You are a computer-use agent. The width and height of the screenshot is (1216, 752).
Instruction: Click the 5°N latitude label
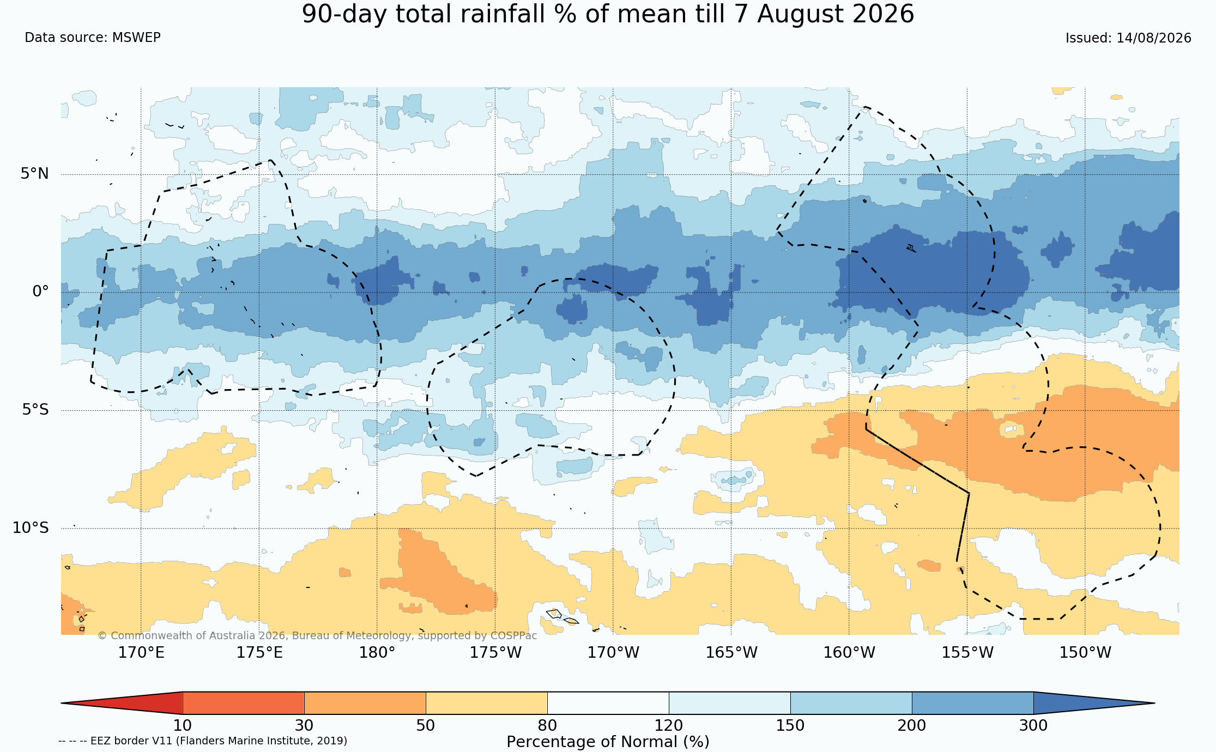[x=35, y=174]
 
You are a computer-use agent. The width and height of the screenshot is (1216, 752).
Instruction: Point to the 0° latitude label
[x=40, y=292]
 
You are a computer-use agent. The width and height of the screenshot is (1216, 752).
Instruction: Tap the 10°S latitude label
[x=31, y=528]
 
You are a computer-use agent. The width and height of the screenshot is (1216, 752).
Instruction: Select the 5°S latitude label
[x=35, y=410]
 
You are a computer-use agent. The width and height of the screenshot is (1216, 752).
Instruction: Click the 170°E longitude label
[x=141, y=652]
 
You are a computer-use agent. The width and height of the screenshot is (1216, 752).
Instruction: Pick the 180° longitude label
[x=377, y=652]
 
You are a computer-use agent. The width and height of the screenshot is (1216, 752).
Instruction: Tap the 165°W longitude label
[x=731, y=652]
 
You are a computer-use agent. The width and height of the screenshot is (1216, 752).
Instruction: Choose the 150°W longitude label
[x=1085, y=652]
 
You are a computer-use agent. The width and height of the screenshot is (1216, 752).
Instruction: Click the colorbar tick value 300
[x=1033, y=726]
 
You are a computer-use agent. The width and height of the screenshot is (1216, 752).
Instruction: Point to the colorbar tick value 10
[x=183, y=726]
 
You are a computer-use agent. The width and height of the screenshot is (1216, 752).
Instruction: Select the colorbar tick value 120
[x=669, y=726]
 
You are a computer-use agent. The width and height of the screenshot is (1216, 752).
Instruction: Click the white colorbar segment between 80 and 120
[x=608, y=703]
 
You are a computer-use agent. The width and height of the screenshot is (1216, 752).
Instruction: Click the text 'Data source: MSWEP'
[x=93, y=38]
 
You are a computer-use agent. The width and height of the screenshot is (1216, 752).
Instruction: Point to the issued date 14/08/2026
[x=1154, y=38]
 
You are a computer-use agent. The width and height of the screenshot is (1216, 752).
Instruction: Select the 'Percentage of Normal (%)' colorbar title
[x=608, y=742]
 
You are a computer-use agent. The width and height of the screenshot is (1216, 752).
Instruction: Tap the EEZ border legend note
[x=203, y=741]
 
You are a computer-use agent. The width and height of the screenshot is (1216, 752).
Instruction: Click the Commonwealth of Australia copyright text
[x=317, y=636]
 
